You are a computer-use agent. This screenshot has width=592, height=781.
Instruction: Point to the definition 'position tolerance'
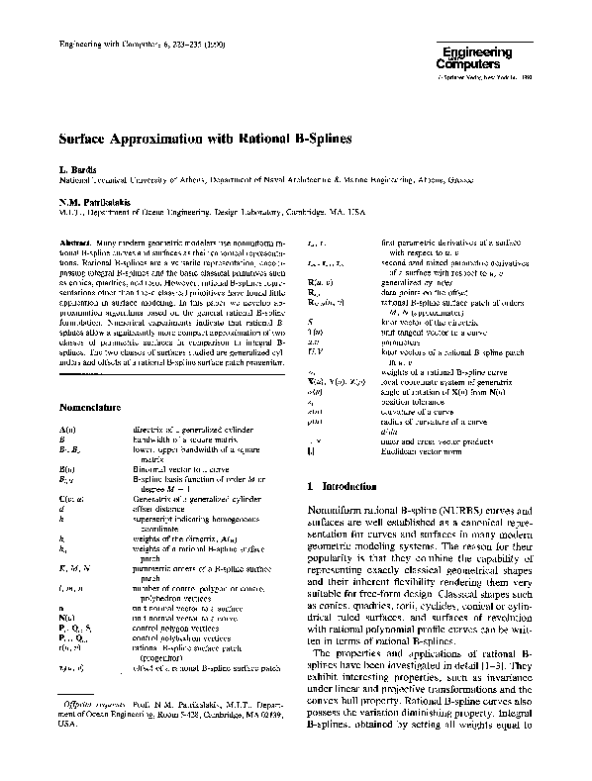pos(410,403)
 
